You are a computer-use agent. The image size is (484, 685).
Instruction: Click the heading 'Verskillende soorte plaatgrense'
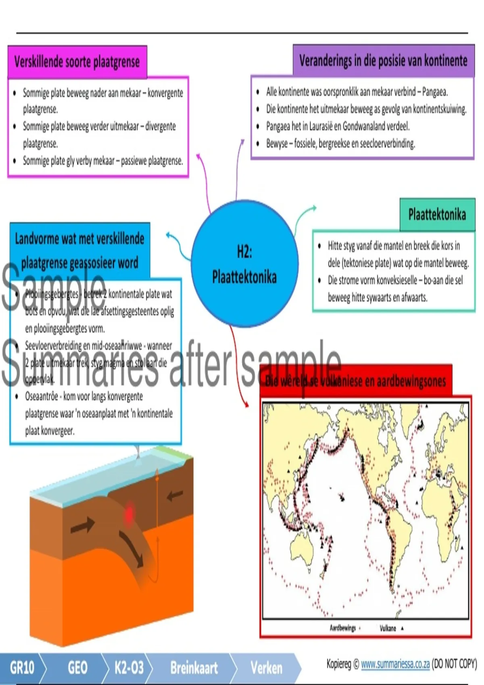(77, 62)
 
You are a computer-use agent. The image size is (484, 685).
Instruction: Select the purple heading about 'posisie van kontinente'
(383, 61)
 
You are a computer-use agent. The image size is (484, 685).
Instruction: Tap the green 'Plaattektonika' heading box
(437, 214)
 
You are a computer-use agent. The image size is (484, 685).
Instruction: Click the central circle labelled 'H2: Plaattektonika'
(244, 264)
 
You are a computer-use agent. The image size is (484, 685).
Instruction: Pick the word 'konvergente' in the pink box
(165, 93)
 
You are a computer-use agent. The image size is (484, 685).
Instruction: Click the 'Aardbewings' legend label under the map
(343, 628)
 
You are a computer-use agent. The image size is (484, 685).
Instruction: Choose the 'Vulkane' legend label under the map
(388, 628)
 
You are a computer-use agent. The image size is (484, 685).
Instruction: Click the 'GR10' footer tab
(22, 668)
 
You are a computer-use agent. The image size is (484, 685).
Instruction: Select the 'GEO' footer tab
(77, 668)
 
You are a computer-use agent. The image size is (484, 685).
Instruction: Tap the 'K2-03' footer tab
(129, 668)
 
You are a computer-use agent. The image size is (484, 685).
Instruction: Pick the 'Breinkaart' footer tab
(194, 668)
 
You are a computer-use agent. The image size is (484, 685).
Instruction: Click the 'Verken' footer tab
(267, 668)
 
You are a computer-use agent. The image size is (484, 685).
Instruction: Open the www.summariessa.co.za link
(395, 664)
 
